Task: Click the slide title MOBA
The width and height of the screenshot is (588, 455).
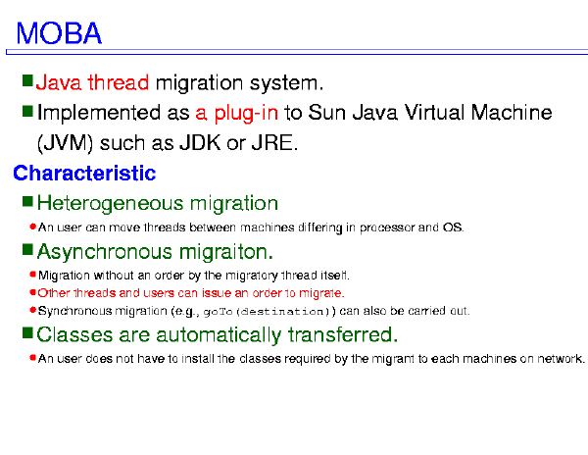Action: pos(59,33)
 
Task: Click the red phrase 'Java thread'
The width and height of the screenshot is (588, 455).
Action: pos(92,82)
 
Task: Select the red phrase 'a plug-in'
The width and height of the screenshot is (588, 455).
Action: pos(236,113)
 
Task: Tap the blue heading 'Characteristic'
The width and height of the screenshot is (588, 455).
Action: pos(84,173)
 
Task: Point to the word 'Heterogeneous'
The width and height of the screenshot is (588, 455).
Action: pos(110,203)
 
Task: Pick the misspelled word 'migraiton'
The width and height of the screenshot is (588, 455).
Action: pos(226,252)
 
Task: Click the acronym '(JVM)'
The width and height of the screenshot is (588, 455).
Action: pos(65,143)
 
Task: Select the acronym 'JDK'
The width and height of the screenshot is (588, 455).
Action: pos(200,142)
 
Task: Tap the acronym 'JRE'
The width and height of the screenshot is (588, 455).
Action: pos(272,142)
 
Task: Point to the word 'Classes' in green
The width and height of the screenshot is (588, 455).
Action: pos(74,334)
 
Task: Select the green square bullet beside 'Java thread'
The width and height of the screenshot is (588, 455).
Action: pos(27,80)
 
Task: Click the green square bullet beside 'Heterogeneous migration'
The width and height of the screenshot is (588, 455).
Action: pos(27,201)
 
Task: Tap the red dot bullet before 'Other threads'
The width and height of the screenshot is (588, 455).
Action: pos(32,292)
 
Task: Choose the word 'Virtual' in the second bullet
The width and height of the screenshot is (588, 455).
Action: pos(434,112)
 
